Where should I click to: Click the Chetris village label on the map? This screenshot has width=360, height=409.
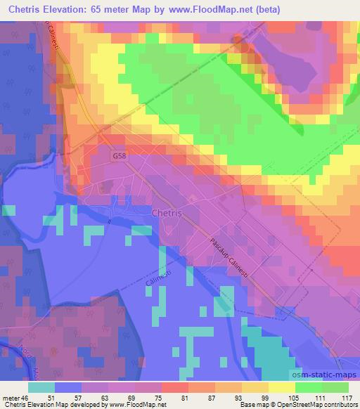tap(167, 212)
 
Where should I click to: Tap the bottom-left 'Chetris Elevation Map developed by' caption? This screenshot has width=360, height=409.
tap(53, 405)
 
